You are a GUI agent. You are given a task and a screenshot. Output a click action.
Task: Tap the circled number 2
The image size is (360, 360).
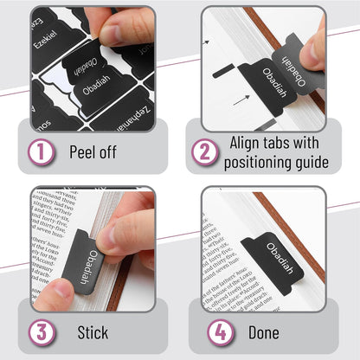coord(205,152)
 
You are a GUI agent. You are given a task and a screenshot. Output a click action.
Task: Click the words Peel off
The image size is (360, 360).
coord(93,153)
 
